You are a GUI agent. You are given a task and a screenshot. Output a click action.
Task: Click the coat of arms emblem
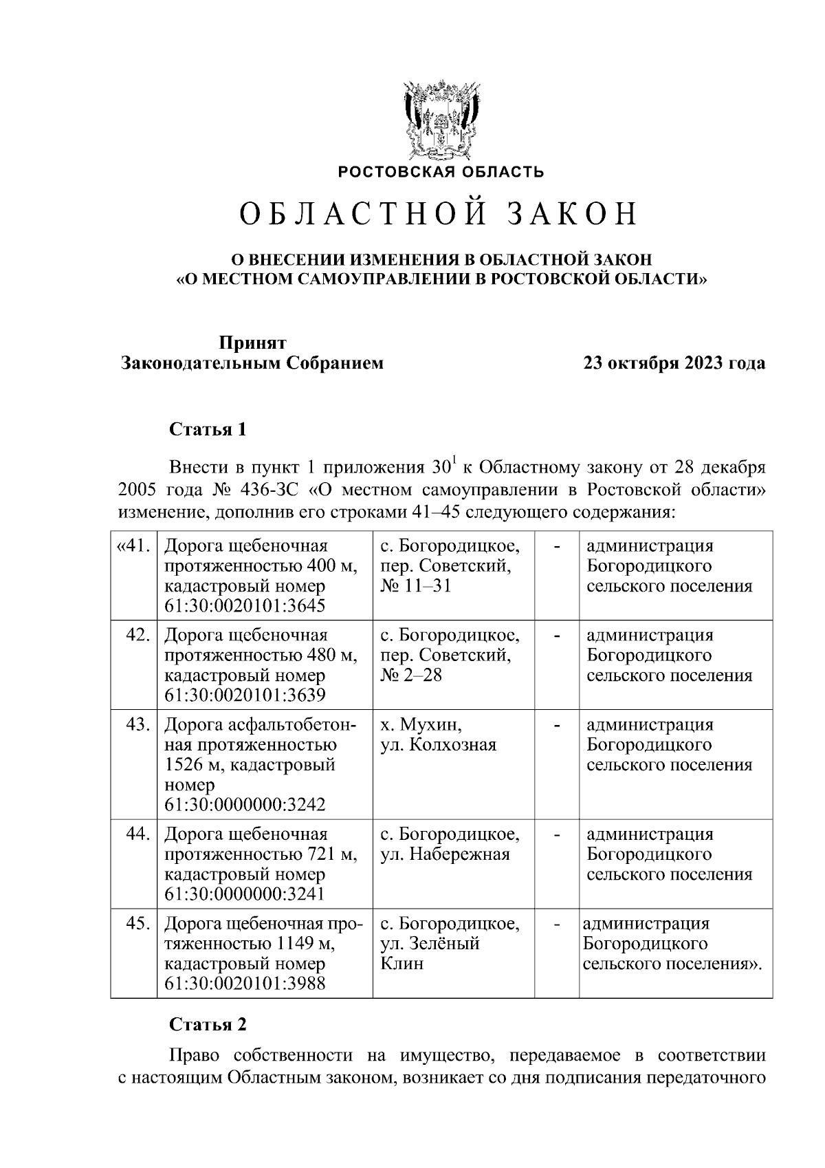click(x=440, y=120)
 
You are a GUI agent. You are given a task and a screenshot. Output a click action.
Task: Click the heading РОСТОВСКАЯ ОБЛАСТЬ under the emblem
click(x=440, y=172)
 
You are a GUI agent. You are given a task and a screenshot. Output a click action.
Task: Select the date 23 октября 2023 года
click(x=674, y=363)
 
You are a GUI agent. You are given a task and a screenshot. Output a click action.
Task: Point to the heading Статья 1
click(x=208, y=430)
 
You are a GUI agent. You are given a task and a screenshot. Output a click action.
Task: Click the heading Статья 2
click(x=208, y=1024)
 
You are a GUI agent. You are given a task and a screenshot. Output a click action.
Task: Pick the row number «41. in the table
click(x=133, y=546)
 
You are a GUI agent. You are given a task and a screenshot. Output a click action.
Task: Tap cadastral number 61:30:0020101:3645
click(x=245, y=606)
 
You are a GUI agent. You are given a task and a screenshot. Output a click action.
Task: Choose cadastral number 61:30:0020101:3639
click(x=245, y=695)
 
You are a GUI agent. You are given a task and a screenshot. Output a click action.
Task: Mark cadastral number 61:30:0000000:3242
click(x=245, y=805)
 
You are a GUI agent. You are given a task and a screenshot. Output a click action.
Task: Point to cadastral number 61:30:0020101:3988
click(x=245, y=984)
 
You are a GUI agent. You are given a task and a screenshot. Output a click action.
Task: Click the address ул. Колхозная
click(x=438, y=745)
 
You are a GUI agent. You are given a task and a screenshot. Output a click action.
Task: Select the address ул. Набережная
click(x=445, y=854)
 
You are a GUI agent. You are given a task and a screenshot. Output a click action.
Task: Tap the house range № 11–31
click(x=415, y=586)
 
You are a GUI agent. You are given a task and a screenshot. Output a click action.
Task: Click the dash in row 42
click(x=558, y=636)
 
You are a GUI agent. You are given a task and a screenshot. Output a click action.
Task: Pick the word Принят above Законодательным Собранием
click(x=252, y=343)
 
